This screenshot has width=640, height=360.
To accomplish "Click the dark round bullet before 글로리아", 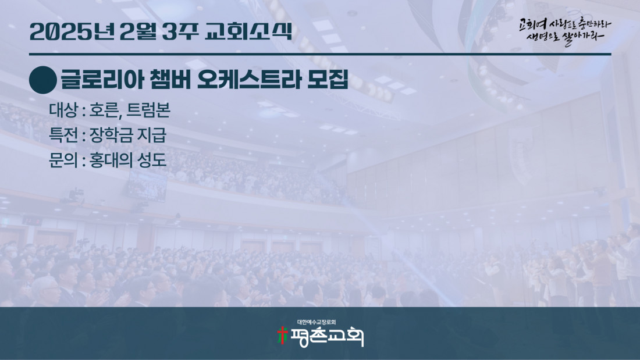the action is pos(43,80).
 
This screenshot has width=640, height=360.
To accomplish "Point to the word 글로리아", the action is pos(102,80).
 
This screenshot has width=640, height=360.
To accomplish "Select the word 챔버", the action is pos(170,80).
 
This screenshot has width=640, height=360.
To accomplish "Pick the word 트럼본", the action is pos(148,110).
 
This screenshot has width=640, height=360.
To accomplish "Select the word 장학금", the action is pos(111,135).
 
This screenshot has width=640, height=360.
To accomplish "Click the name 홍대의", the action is pos(111,160).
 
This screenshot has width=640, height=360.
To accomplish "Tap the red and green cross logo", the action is pos(282,336).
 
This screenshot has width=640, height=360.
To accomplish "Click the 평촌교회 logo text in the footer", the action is pos(326,337).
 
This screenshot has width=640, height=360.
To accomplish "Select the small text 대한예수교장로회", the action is pos(317,322).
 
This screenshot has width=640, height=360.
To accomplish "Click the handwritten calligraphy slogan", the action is pos(565,31).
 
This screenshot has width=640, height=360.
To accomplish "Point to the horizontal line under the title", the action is pos(320,54).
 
